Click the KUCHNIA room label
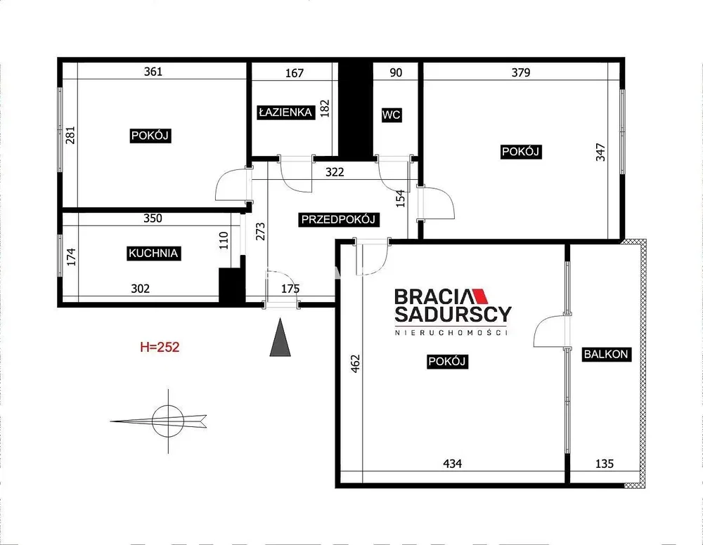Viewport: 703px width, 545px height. click(x=153, y=253)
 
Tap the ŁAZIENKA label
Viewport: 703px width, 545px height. click(x=285, y=112)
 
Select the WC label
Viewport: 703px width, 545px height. click(x=391, y=115)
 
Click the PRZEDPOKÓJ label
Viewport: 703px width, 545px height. click(x=338, y=219)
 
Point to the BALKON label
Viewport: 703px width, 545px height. click(x=606, y=354)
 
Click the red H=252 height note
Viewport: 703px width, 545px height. click(x=160, y=347)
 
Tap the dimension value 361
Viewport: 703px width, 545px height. click(x=153, y=72)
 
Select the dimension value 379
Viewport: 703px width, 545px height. click(x=521, y=72)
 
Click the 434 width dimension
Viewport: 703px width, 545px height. click(x=452, y=464)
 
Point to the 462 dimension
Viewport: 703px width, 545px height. click(x=355, y=364)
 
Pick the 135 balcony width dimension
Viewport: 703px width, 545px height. click(x=605, y=464)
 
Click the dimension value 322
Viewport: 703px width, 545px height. click(x=335, y=172)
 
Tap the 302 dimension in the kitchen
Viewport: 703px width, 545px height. click(x=141, y=289)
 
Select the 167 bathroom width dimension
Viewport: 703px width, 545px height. click(x=295, y=73)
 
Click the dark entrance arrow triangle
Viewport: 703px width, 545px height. click(x=280, y=337)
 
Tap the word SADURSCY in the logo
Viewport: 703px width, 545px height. click(x=453, y=315)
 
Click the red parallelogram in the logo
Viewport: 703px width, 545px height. click(x=479, y=296)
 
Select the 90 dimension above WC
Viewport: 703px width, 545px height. click(x=396, y=72)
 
